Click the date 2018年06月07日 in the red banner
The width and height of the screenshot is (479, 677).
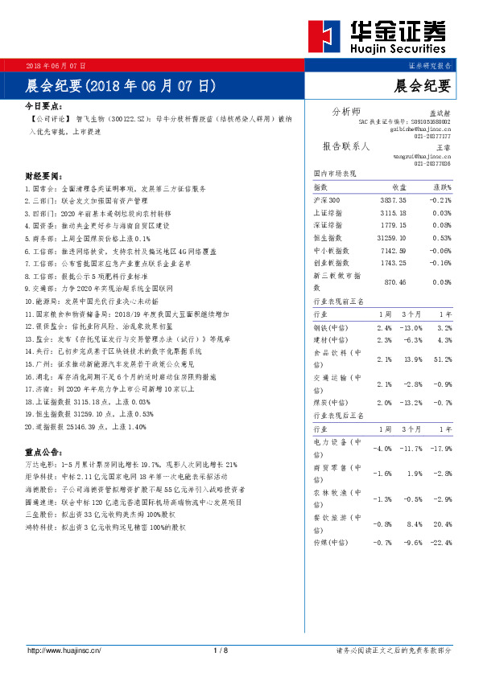(x=56, y=64)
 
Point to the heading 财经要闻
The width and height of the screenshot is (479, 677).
(x=43, y=175)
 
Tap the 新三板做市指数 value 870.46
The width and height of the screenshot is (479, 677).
(x=395, y=282)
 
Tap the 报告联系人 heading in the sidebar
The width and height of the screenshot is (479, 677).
(x=345, y=146)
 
